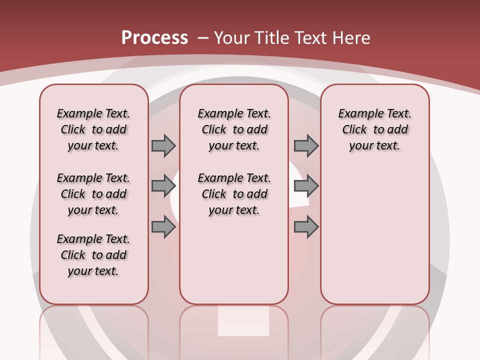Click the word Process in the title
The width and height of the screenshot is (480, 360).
point(154,37)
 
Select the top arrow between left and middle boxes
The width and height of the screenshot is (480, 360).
point(163,145)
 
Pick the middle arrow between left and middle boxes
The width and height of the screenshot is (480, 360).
point(163,186)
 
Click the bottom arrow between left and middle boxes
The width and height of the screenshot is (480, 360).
point(163,227)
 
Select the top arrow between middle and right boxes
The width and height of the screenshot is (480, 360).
point(306,145)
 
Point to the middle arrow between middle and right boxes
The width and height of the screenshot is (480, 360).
point(306,186)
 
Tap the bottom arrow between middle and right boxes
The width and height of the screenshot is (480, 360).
point(306,227)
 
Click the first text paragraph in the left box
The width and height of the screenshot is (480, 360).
point(93,129)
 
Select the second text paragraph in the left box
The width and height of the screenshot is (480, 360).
point(93,194)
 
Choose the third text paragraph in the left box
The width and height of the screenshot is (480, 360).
point(93,255)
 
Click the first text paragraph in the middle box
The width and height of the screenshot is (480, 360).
point(234,129)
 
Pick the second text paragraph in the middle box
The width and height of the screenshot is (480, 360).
point(234,194)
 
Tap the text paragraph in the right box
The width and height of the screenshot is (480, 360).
point(375,129)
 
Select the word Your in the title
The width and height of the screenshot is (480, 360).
point(232,38)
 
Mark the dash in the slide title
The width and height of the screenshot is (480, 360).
point(203,38)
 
